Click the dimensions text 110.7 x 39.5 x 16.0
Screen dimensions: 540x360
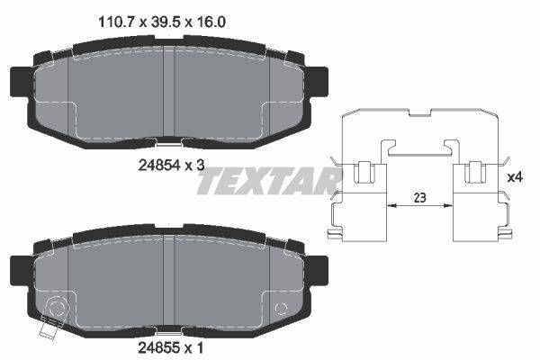[x=162, y=22]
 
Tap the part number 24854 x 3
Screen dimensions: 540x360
[x=171, y=166]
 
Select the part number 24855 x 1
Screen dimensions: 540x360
[x=171, y=348]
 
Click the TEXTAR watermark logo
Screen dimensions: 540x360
[x=268, y=181]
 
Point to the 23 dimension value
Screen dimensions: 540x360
[x=419, y=198]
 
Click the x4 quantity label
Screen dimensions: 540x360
[x=516, y=177]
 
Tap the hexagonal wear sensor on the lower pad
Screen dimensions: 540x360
[x=57, y=308]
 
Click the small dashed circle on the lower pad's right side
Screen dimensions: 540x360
[x=281, y=309]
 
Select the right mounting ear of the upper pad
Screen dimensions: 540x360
[x=318, y=82]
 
